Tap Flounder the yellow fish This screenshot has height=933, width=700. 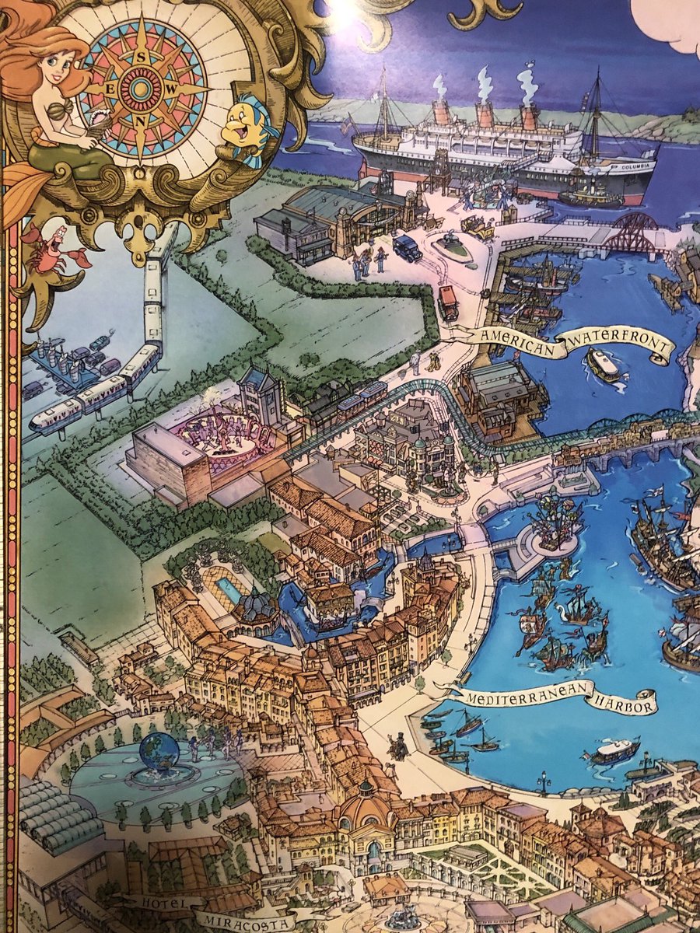(x=247, y=128)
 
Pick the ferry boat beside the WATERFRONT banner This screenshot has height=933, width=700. (x=605, y=365)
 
